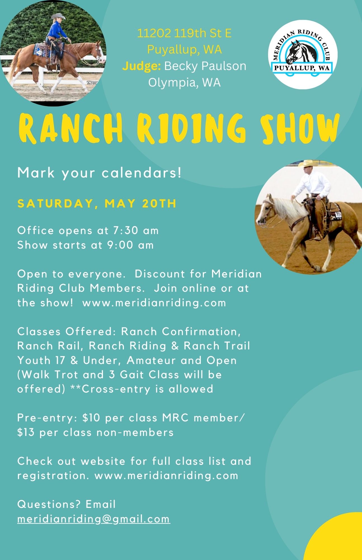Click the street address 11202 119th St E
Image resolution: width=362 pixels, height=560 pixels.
[x=184, y=34]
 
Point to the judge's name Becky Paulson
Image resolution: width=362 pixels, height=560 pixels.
[x=205, y=66]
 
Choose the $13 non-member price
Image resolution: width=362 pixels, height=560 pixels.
[x=26, y=432]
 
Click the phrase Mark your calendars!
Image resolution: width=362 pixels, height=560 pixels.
[x=99, y=173]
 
